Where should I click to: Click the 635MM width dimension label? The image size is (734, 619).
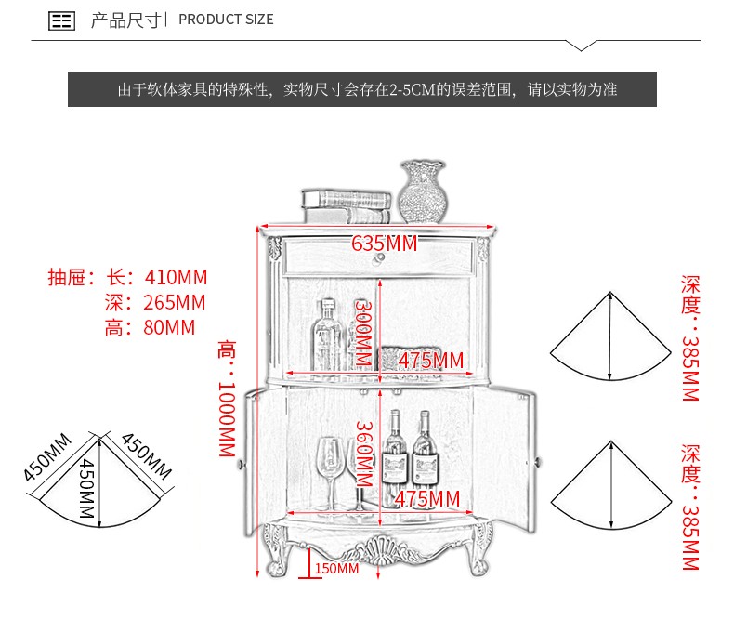pos(384,244)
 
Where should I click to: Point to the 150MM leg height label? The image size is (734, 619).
pos(336,568)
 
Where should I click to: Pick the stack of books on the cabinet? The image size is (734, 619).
pos(346,204)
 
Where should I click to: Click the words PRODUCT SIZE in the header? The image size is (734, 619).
pos(226,20)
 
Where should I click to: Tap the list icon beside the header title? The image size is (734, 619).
pos(61,20)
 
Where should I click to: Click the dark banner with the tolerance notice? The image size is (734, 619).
pos(362,90)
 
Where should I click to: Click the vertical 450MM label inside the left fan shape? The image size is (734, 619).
pos(85,489)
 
